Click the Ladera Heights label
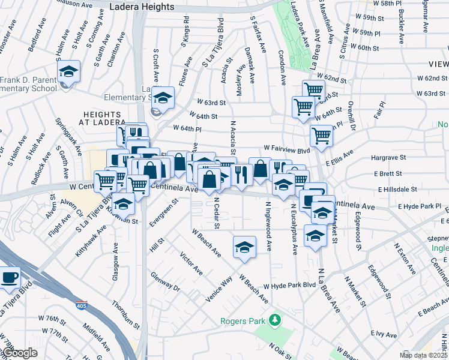[x=142, y=7]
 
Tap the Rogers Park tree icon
[x=275, y=319]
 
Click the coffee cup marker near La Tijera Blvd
[x=9, y=278]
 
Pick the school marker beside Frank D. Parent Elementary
[x=69, y=73]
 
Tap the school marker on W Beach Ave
[x=244, y=247]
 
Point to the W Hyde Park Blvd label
[x=289, y=286]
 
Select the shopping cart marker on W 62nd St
[x=313, y=91]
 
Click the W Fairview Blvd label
[x=286, y=148]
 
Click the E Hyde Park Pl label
[x=423, y=206]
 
